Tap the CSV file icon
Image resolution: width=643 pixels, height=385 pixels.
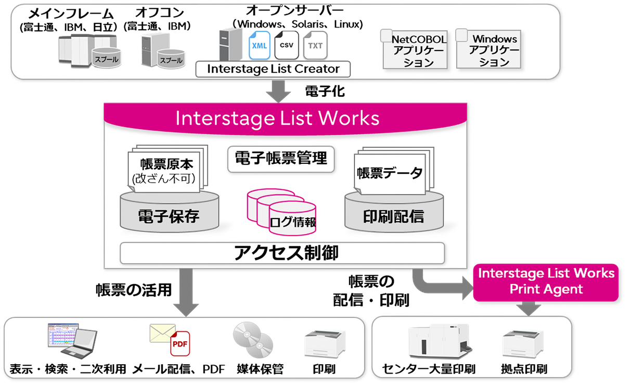point(287,44)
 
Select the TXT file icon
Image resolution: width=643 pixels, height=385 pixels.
point(315,45)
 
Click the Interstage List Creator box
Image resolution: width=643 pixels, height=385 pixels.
point(273,69)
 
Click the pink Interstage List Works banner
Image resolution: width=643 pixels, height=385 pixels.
point(277,118)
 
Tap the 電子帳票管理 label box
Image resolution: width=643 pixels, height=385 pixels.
point(281,159)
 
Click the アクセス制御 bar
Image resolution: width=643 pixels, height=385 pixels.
point(282,253)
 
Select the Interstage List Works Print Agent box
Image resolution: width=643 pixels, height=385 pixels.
point(546,281)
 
